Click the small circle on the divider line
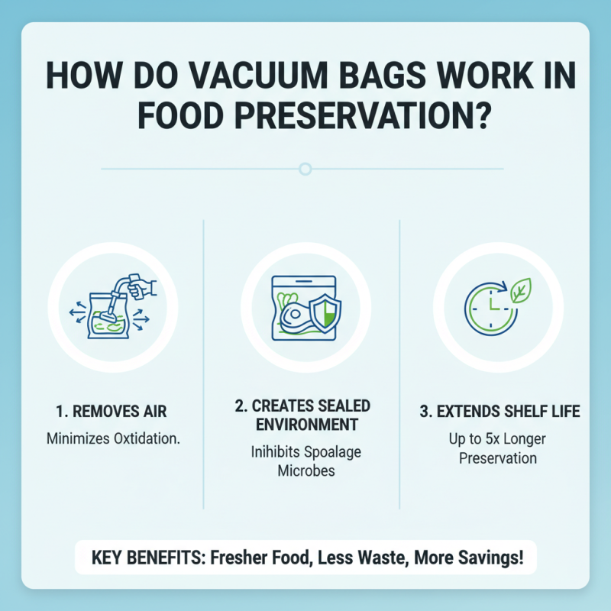pyautogui.click(x=305, y=168)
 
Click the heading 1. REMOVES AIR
pyautogui.click(x=112, y=412)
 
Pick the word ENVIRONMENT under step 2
pyautogui.click(x=305, y=424)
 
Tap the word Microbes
pyautogui.click(x=305, y=470)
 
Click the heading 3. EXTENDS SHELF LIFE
pyautogui.click(x=500, y=412)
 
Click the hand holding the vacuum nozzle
pyautogui.click(x=143, y=289)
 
